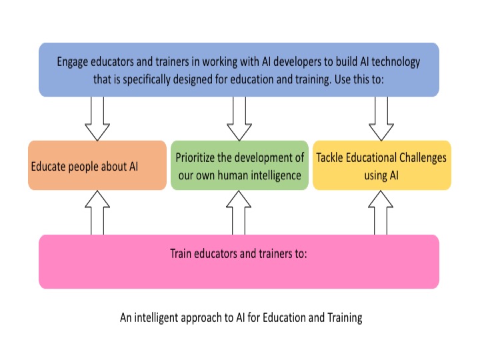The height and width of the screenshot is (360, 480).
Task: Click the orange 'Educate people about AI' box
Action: (97, 165)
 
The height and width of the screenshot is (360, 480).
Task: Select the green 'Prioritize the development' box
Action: (239, 165)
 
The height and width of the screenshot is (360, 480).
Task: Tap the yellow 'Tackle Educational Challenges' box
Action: (382, 165)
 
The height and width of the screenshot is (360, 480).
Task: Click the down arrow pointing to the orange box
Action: (97, 119)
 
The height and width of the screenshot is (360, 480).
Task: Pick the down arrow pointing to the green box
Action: (239, 119)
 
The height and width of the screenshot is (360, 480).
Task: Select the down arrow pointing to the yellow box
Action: (381, 119)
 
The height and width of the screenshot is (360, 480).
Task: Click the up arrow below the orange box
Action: (97, 213)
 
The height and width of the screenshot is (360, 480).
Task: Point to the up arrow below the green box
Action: (239, 213)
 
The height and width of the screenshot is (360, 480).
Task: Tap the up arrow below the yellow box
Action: (381, 213)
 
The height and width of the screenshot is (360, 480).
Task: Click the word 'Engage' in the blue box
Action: (72, 62)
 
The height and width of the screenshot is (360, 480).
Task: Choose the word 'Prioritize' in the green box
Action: (195, 157)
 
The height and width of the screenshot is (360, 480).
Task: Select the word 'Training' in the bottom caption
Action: (345, 318)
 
